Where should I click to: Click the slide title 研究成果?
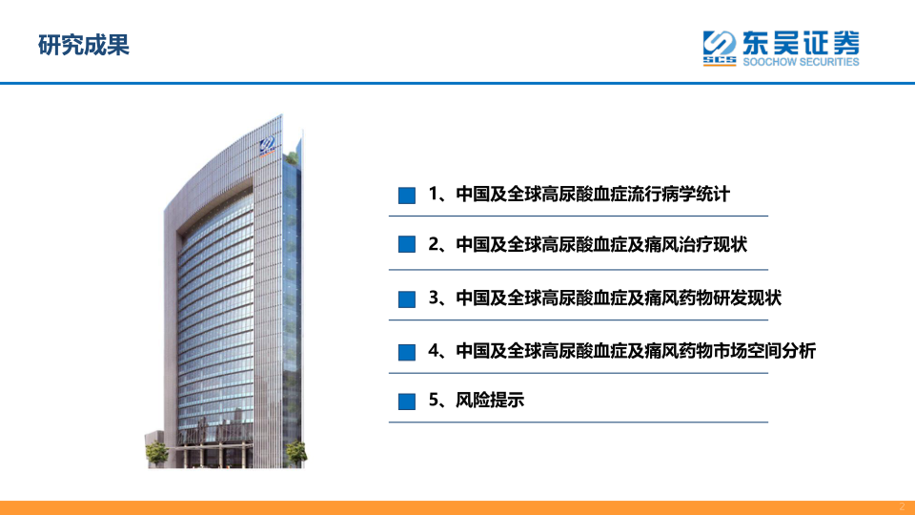point(84,45)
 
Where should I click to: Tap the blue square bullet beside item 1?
point(407,195)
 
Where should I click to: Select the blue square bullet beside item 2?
point(407,244)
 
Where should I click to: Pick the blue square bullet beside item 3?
point(407,299)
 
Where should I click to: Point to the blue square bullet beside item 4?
point(407,352)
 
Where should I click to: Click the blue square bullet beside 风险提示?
point(407,402)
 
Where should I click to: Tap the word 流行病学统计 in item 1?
point(679,194)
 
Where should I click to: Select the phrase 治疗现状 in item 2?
point(713,244)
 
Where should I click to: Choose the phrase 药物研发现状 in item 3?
point(730,298)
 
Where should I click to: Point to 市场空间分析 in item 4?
point(764,351)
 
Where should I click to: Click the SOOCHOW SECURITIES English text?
point(801,62)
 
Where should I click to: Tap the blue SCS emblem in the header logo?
point(720,48)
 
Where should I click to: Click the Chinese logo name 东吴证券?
point(801,43)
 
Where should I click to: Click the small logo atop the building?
point(268,145)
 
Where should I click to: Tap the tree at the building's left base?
point(156,453)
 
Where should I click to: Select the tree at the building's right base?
point(295,453)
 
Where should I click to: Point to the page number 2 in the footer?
point(902,506)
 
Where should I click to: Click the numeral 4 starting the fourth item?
point(434,351)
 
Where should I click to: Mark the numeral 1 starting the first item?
point(434,194)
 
